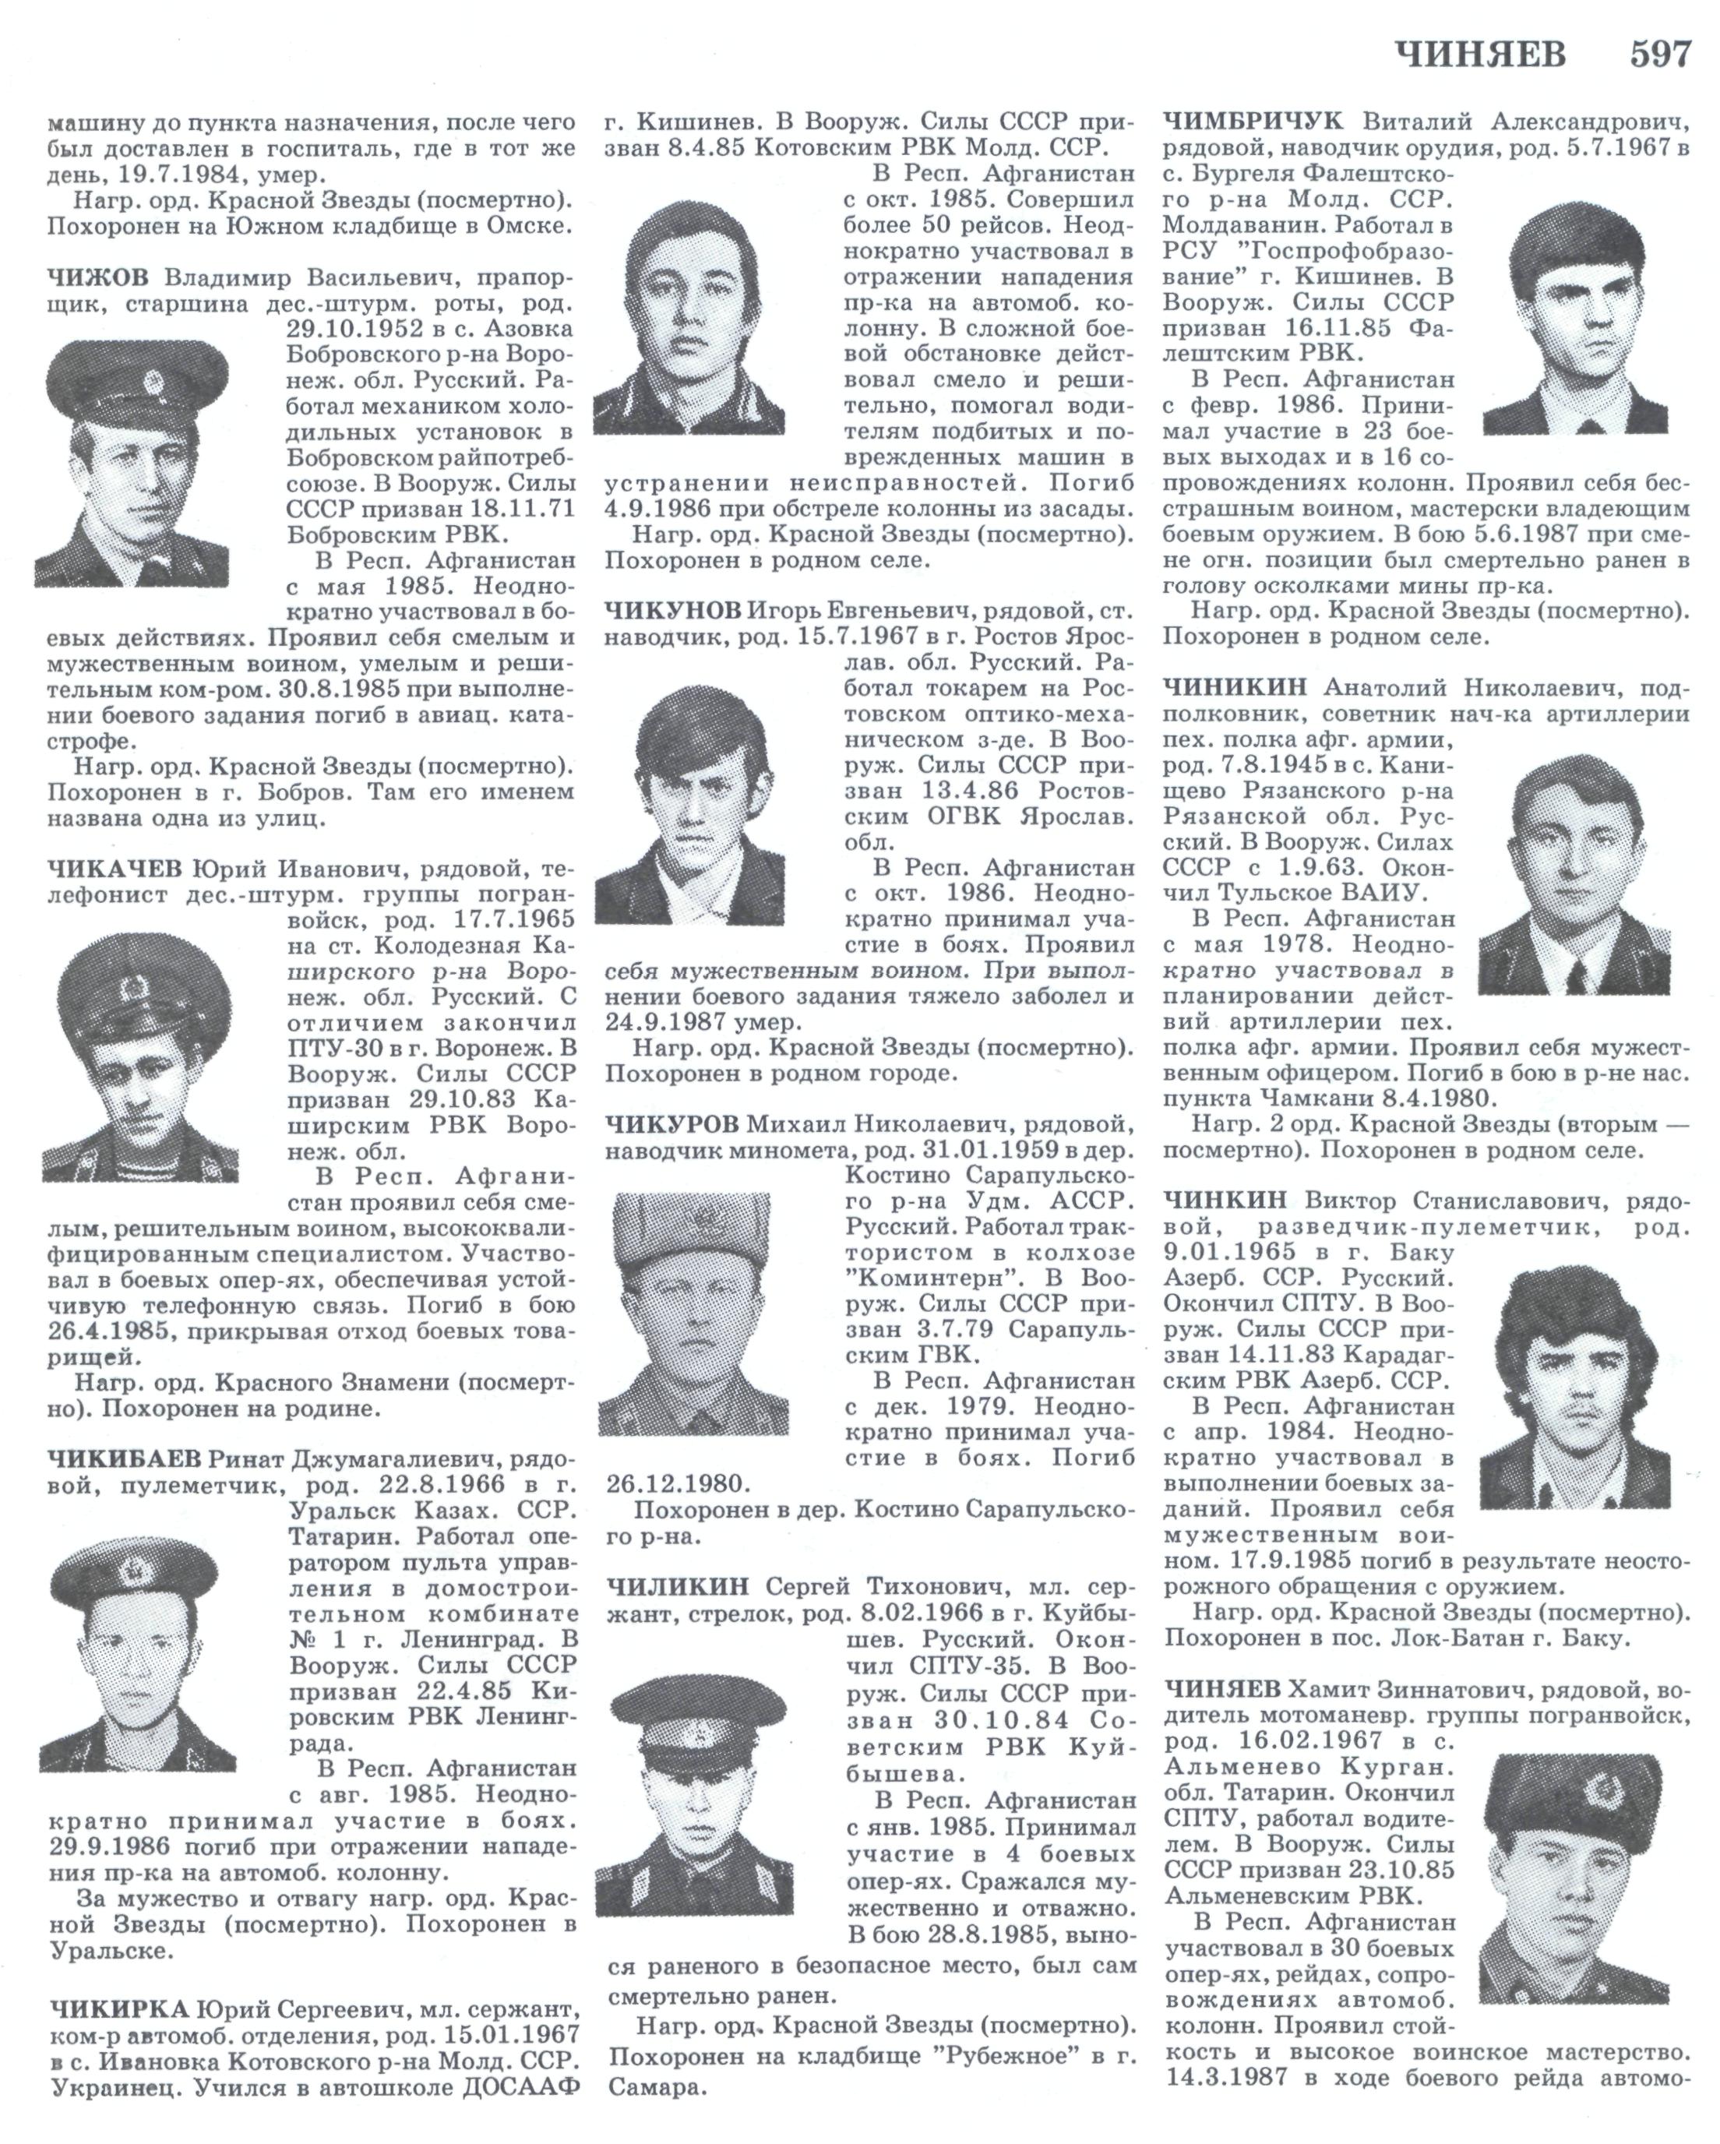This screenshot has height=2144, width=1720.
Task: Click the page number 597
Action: pyautogui.click(x=1659, y=53)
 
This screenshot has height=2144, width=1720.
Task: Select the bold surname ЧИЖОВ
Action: pyautogui.click(x=97, y=276)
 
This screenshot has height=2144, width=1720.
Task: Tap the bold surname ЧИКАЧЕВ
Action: pyautogui.click(x=115, y=869)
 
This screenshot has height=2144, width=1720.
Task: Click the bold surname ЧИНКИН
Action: pyautogui.click(x=1224, y=1201)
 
